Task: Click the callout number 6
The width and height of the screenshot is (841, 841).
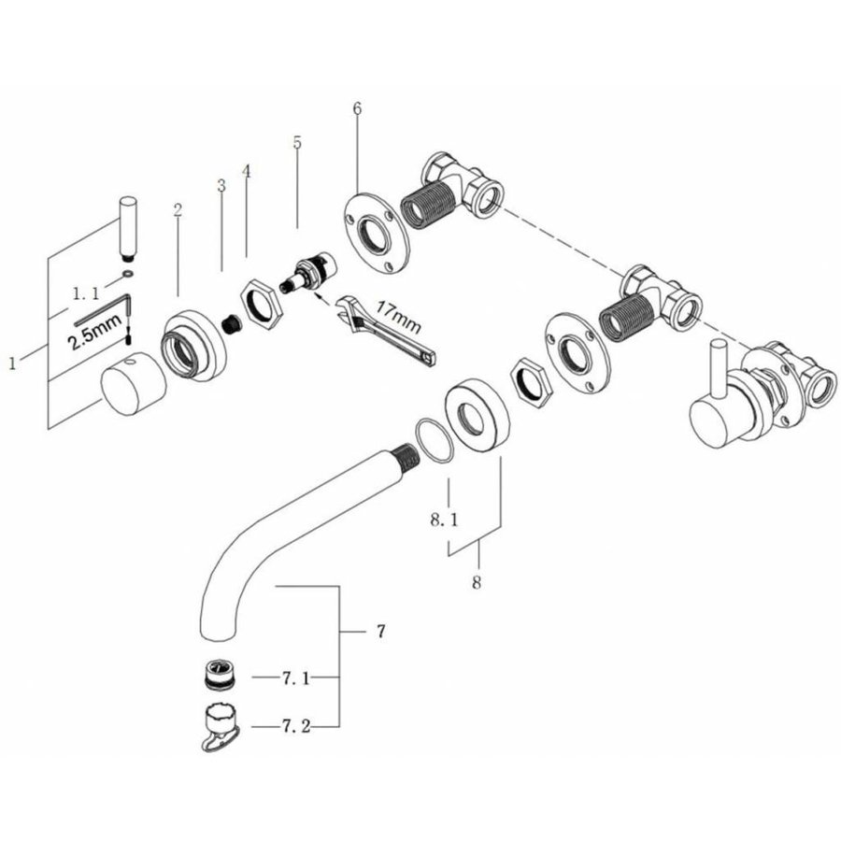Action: coord(357,108)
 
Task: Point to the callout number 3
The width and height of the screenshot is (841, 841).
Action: coord(221,185)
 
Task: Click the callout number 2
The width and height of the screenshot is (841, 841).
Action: coord(177,211)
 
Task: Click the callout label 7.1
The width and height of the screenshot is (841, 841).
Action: coord(296,678)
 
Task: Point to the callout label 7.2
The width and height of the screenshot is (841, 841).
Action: coord(296,725)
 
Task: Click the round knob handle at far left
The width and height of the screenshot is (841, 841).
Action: coord(131,390)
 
